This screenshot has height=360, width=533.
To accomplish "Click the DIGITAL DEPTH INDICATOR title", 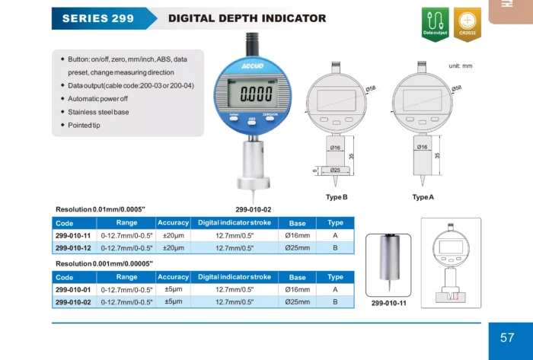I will (x=247, y=18).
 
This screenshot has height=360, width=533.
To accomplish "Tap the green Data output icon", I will (x=435, y=24).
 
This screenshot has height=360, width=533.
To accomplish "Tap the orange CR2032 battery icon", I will (x=467, y=24).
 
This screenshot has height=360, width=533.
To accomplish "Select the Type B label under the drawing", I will (x=337, y=197).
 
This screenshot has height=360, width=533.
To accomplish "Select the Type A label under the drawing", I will (x=423, y=197).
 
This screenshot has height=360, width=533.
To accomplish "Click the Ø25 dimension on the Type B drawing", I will (x=335, y=170).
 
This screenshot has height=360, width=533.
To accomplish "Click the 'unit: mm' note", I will (x=461, y=66).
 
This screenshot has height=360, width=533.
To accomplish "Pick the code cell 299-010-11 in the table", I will (x=73, y=236).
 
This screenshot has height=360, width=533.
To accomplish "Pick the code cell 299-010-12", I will (x=73, y=248).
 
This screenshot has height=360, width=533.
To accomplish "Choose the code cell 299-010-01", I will (x=73, y=290).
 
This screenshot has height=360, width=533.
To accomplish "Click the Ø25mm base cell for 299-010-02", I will (x=297, y=302).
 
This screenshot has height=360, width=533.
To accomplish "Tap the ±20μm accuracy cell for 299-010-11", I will (x=174, y=236).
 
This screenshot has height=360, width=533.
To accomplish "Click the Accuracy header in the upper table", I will (x=174, y=223).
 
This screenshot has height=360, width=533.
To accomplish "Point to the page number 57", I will (x=507, y=337).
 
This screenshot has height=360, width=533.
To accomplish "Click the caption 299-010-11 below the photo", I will (x=389, y=303).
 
